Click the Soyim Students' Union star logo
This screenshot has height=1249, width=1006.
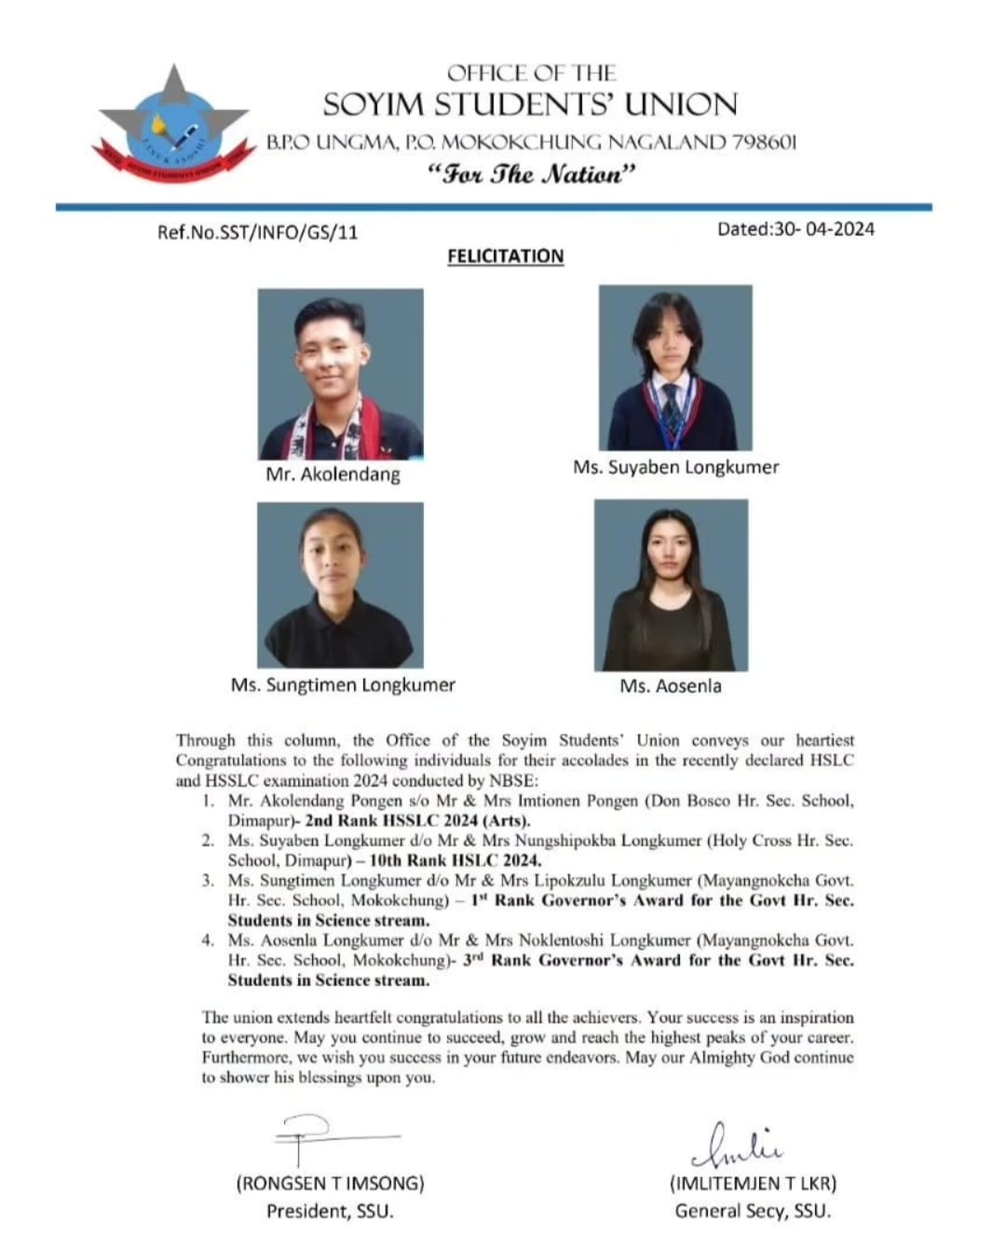click(x=173, y=126)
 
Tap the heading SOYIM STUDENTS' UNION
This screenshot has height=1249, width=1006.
click(x=530, y=104)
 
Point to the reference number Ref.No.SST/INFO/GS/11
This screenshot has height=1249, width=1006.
click(x=257, y=232)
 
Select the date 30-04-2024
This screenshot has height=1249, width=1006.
click(x=824, y=228)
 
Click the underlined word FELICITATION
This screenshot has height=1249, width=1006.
click(x=505, y=256)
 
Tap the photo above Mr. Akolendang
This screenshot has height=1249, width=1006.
click(x=340, y=373)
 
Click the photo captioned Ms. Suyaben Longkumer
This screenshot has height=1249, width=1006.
click(x=675, y=368)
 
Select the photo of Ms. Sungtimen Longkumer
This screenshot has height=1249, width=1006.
click(x=340, y=584)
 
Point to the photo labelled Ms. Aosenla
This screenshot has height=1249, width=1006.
click(x=671, y=584)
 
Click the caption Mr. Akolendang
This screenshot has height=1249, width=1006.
click(x=333, y=474)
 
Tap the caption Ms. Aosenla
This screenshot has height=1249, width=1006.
click(x=671, y=686)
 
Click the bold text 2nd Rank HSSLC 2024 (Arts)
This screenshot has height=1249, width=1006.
click(x=417, y=821)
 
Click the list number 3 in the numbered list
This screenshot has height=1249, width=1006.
click(x=208, y=880)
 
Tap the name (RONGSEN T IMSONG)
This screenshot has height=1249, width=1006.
click(x=330, y=1184)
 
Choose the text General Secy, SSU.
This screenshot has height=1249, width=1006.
click(x=753, y=1212)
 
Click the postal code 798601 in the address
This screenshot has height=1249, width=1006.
click(x=765, y=143)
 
